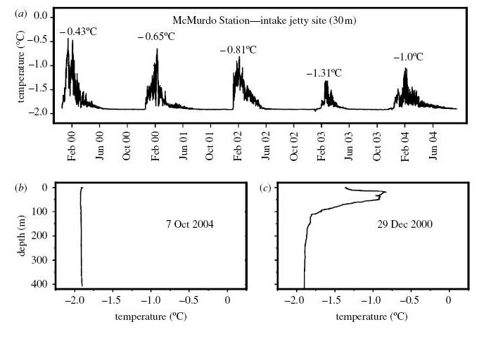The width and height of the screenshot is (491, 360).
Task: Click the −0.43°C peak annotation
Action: point(77,31)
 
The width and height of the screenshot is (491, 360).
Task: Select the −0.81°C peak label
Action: point(238,50)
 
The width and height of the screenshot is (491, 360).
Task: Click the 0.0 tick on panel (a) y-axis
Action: point(42,15)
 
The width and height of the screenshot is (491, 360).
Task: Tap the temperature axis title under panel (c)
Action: point(371,317)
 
